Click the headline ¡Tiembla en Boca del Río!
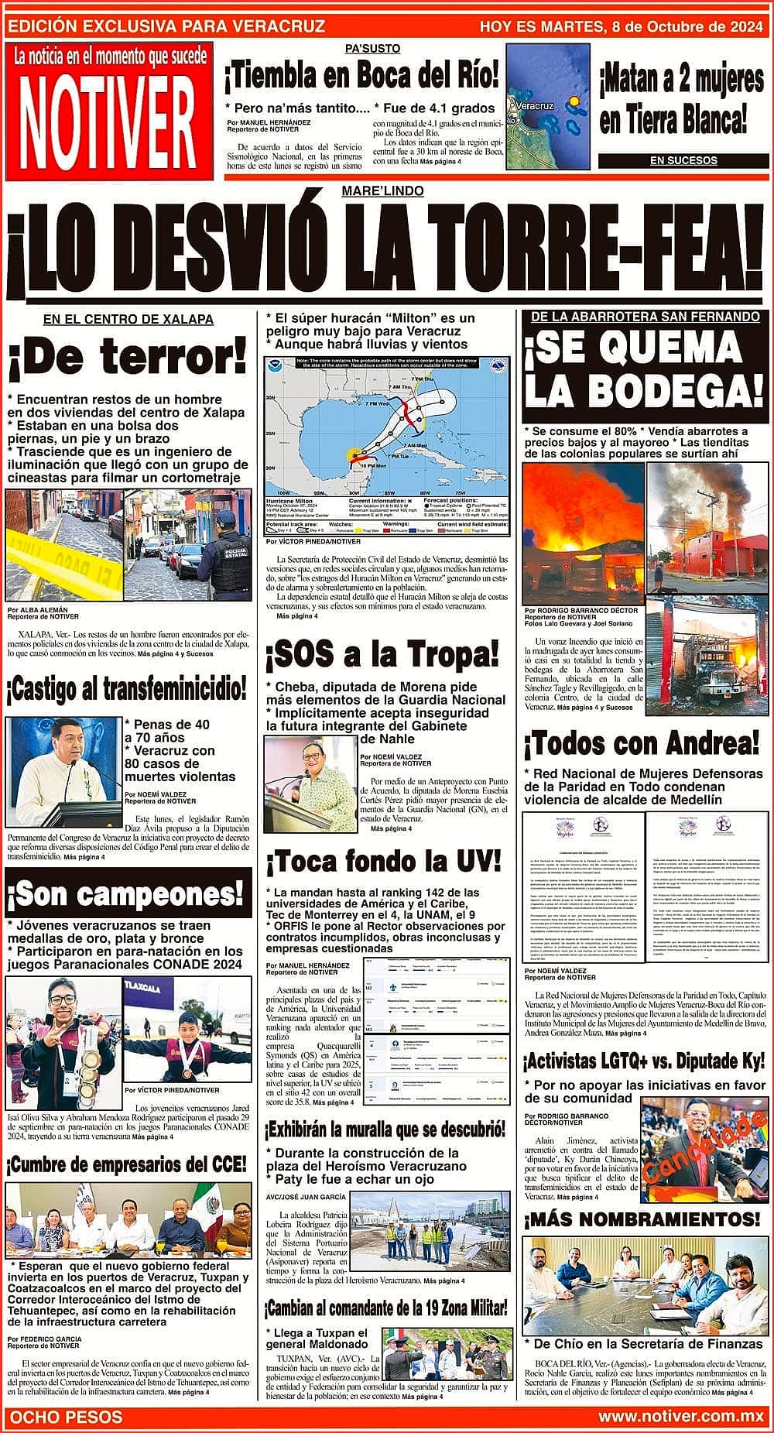click(x=361, y=77)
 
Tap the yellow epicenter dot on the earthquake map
click(x=574, y=101)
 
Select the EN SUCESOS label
click(x=683, y=160)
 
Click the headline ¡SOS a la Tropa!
click(x=382, y=656)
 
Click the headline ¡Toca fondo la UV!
click(x=383, y=860)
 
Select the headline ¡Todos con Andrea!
click(x=642, y=744)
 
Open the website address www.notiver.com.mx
click(x=681, y=1416)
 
